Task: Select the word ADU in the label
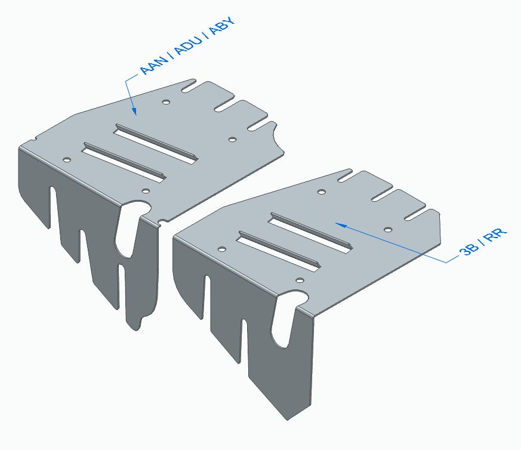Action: pos(189,45)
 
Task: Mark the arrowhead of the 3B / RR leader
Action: pos(341,225)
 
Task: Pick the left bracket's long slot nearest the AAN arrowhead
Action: pos(156,144)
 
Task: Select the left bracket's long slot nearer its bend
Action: pos(124,162)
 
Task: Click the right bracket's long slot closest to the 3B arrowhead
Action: pos(310,233)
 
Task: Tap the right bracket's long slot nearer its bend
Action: pos(279,251)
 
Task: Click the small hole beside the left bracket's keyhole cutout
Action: pos(146,191)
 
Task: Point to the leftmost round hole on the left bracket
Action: pos(67,160)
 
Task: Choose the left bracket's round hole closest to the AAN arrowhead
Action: pos(166,101)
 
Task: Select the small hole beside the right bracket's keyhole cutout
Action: pos(300,281)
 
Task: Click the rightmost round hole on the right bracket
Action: pos(388,230)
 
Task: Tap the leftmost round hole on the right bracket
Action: pos(221,249)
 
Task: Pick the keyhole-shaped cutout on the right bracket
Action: pos(285,318)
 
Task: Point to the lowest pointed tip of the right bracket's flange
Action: pos(288,420)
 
